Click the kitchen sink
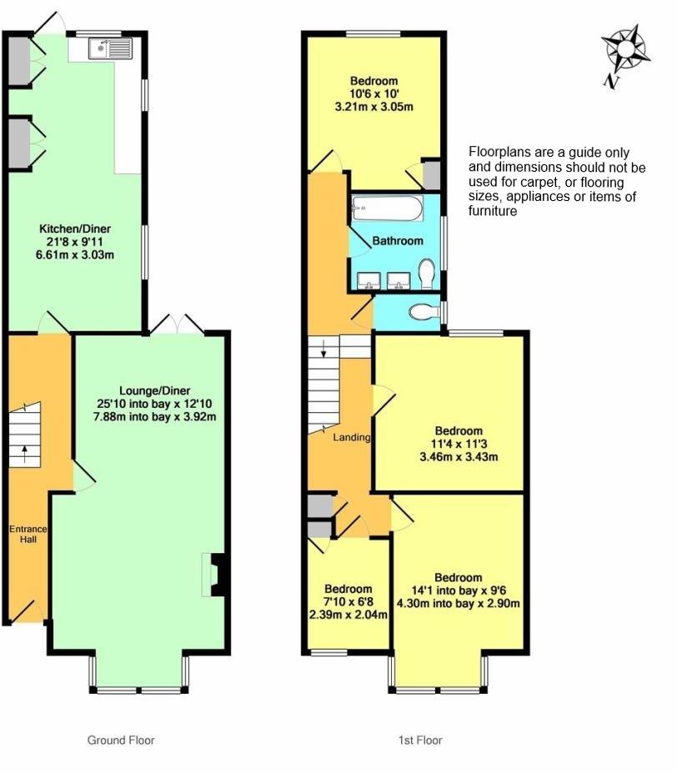[111, 48]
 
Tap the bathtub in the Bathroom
[387, 209]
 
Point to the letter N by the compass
[611, 82]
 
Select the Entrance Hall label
[28, 534]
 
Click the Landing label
[351, 437]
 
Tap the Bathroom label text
[398, 241]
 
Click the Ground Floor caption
[121, 740]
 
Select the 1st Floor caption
[420, 740]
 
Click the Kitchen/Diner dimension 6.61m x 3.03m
[75, 254]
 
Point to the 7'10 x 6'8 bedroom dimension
[349, 602]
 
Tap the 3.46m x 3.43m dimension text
[459, 456]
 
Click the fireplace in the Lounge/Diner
[214, 575]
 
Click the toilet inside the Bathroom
[426, 274]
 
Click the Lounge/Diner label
[155, 391]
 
